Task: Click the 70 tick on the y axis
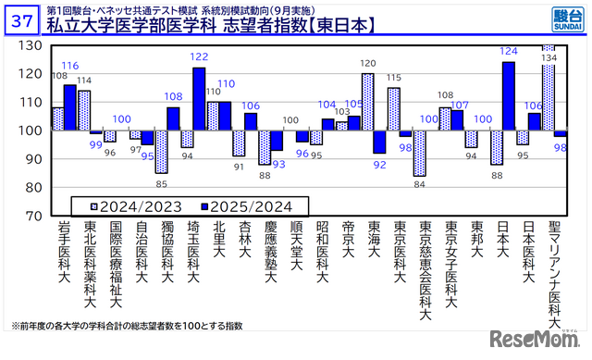pos(32,216)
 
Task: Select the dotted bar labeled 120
pos(367,102)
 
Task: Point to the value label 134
pos(548,57)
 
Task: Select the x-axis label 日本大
pos(502,242)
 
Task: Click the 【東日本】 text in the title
pos(338,27)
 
